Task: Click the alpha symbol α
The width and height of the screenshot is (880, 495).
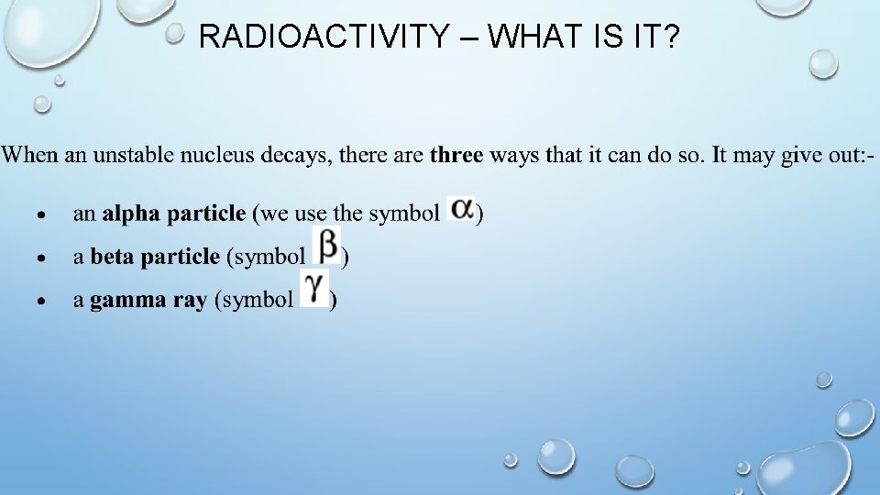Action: (460, 210)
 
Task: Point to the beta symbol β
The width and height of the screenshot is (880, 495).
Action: (327, 246)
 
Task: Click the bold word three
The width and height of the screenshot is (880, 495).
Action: (456, 154)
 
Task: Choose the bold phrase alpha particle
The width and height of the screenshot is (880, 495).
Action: (174, 214)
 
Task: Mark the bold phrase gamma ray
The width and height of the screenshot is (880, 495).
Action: (148, 302)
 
